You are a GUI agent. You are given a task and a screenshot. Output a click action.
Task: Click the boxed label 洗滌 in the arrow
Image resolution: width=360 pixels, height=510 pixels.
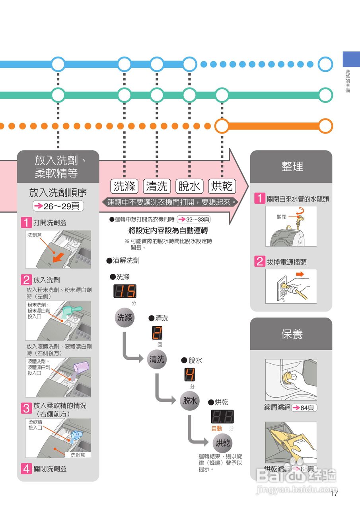(124, 186)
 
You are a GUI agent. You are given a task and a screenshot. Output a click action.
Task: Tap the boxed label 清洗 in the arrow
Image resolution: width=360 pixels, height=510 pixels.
(157, 186)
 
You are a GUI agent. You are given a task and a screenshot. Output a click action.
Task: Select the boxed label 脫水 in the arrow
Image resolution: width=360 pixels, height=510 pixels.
(189, 186)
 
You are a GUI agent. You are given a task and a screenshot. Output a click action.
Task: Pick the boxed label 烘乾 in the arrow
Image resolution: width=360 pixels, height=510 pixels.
(222, 186)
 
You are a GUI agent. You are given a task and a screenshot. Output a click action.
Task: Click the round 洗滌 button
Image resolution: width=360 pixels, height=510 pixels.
(125, 318)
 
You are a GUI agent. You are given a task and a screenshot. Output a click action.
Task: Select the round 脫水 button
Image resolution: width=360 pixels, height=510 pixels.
(190, 401)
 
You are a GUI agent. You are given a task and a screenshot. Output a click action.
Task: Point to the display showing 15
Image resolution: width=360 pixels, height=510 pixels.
(125, 292)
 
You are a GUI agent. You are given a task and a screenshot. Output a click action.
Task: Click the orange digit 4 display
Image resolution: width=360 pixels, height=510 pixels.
(190, 375)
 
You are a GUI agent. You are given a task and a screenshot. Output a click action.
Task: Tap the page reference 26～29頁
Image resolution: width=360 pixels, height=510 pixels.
(58, 206)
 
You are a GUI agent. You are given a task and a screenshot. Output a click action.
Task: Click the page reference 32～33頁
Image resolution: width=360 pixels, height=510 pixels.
(194, 219)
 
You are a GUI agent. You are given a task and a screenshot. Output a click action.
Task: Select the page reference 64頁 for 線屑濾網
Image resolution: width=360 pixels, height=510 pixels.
(304, 408)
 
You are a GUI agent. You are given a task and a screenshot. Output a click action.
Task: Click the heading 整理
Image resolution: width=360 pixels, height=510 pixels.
(292, 167)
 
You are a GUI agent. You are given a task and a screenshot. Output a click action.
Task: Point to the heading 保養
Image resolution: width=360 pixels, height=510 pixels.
(292, 334)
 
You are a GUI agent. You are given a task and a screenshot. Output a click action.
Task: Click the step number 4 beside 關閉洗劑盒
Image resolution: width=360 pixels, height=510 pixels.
(26, 469)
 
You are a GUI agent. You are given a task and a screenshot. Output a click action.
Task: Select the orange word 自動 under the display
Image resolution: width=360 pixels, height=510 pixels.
(217, 429)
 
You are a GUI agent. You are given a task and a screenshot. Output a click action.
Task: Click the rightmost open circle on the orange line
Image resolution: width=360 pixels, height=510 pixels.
(325, 126)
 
